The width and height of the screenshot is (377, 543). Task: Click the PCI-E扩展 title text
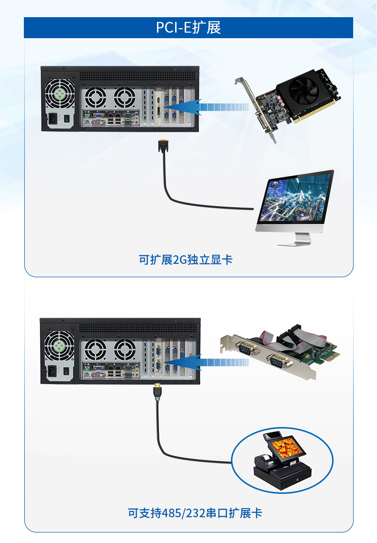(188, 28)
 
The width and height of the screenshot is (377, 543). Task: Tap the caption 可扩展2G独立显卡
(186, 260)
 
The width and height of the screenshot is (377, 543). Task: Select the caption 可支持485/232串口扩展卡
(195, 513)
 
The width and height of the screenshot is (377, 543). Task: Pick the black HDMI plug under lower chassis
(157, 392)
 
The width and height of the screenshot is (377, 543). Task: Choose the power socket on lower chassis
(52, 372)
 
